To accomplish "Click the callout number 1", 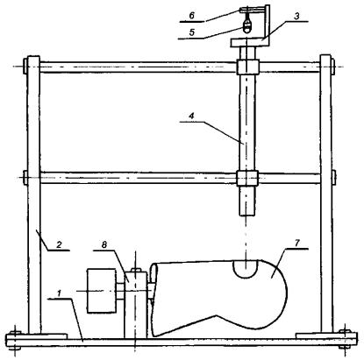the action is (x=59, y=293).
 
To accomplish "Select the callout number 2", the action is (x=59, y=244).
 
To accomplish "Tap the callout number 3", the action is (x=296, y=17).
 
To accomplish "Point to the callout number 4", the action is (x=191, y=116).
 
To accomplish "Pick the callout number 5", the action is (x=192, y=32).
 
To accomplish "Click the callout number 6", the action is (x=191, y=16).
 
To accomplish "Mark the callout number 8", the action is (x=104, y=244).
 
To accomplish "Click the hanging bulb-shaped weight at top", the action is (x=247, y=25).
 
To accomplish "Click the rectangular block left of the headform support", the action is (x=101, y=291).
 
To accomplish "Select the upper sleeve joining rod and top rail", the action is (x=247, y=67).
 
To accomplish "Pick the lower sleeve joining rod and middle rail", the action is (x=247, y=178).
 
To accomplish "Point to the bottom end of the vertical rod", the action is (x=247, y=215).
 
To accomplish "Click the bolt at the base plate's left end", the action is (x=14, y=340).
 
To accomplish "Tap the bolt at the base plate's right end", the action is (x=345, y=339).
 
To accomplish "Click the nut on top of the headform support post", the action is (x=135, y=270).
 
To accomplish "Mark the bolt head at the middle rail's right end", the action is (x=334, y=178).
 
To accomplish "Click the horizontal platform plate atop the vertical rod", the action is (x=250, y=43).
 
